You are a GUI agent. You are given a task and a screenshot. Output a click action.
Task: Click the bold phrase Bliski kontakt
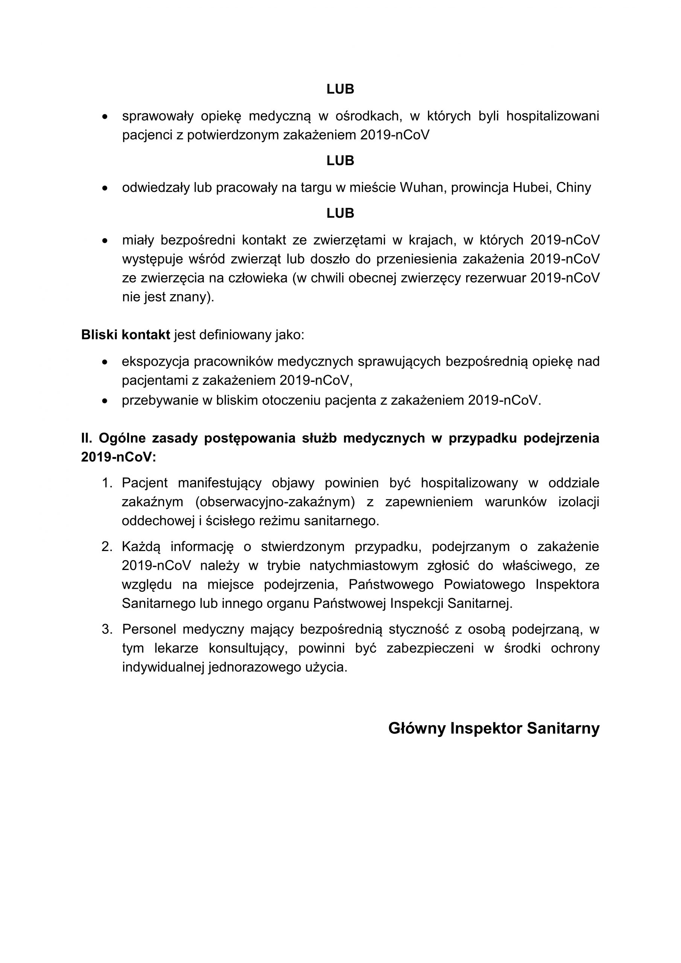click(125, 335)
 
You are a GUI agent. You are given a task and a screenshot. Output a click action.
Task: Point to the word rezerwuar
click(496, 278)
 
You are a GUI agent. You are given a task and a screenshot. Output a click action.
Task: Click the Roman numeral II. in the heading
click(87, 438)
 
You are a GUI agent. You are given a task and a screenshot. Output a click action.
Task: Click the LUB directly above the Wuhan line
click(340, 161)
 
